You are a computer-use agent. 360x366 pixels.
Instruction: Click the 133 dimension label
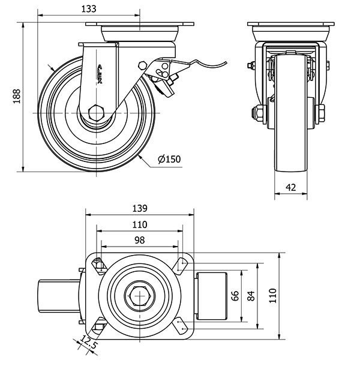point(88,9)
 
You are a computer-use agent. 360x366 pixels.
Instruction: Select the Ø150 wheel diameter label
point(169,159)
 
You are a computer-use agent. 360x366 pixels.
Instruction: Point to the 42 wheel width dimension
point(291,187)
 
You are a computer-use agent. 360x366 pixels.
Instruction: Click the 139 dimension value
point(140,208)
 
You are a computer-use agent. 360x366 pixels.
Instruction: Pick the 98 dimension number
point(139,239)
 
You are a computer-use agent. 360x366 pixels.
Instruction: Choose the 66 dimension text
point(235,295)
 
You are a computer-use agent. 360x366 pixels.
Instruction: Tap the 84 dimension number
point(253,295)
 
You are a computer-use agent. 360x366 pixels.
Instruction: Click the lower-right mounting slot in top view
point(181,326)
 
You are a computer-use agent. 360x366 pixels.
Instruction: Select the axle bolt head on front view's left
point(254,113)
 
